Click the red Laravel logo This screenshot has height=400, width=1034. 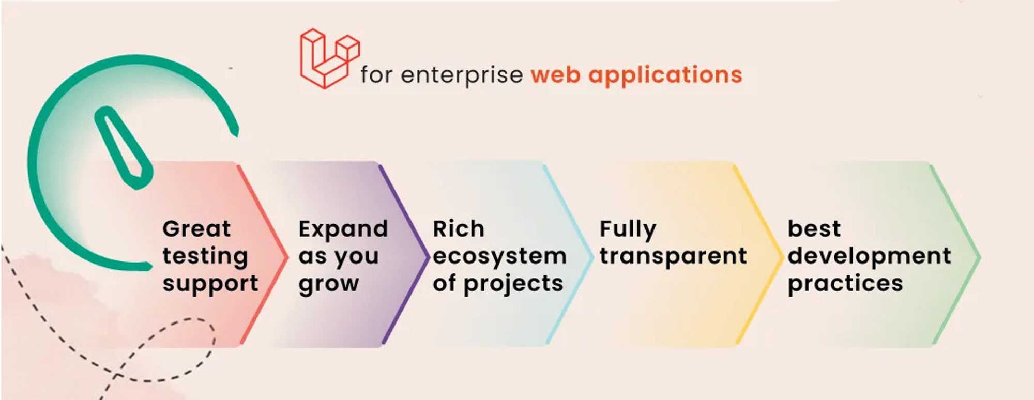click(329, 58)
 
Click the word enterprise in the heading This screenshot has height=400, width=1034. click(462, 76)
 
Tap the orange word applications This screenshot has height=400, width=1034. click(665, 75)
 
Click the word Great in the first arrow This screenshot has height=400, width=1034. click(196, 228)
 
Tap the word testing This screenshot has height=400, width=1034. click(205, 257)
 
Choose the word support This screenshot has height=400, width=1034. click(210, 284)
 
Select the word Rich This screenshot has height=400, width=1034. click(459, 228)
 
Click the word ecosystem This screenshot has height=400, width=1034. click(500, 257)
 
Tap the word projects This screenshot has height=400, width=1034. click(513, 284)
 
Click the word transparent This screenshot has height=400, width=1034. click(674, 257)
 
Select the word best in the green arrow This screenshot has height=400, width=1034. click(814, 228)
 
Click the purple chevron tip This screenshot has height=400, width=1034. click(429, 256)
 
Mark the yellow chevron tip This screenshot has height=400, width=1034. click(782, 256)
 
